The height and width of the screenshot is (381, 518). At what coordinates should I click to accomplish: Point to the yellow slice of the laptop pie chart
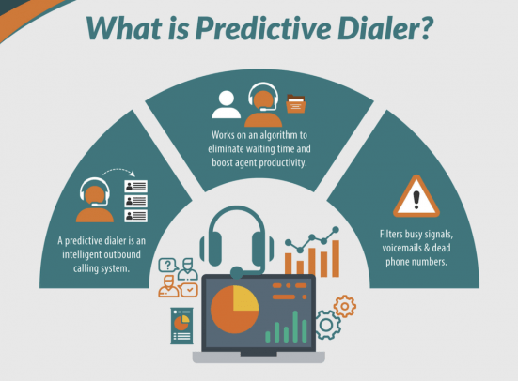click(x=243, y=298)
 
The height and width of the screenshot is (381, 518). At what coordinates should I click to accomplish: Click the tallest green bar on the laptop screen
click(x=300, y=323)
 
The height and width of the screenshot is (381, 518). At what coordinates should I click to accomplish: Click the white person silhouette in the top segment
click(x=227, y=106)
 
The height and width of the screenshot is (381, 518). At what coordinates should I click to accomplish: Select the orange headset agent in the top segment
click(x=262, y=105)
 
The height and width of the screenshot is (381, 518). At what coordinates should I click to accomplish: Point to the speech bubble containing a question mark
click(x=168, y=265)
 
